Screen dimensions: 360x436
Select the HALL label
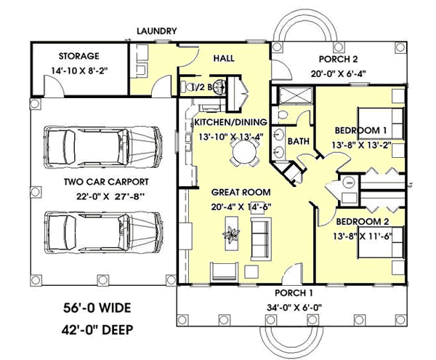coord(224,57)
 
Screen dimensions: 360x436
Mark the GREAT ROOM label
coord(241,192)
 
